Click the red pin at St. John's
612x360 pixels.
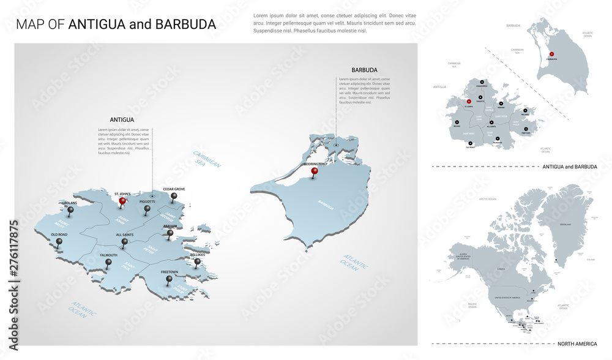[x=122, y=201]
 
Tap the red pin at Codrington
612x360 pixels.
[x=315, y=172]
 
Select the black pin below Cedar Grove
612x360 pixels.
[x=174, y=197]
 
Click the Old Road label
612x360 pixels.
[x=59, y=234]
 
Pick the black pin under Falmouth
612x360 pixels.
[x=109, y=263]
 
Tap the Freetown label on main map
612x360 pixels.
[x=170, y=272]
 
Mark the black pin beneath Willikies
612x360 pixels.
[x=197, y=262]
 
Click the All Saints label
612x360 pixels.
[x=125, y=234]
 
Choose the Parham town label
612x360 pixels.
[x=170, y=226]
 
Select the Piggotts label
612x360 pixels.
[x=147, y=201]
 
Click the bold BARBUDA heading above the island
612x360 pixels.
[x=364, y=70]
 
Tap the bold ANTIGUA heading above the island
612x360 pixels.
[x=122, y=120]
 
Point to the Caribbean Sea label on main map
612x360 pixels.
[x=207, y=159]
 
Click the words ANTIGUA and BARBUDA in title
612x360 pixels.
[x=142, y=24]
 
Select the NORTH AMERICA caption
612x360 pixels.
[x=574, y=343]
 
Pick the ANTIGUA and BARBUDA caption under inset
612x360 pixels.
[x=569, y=167]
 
